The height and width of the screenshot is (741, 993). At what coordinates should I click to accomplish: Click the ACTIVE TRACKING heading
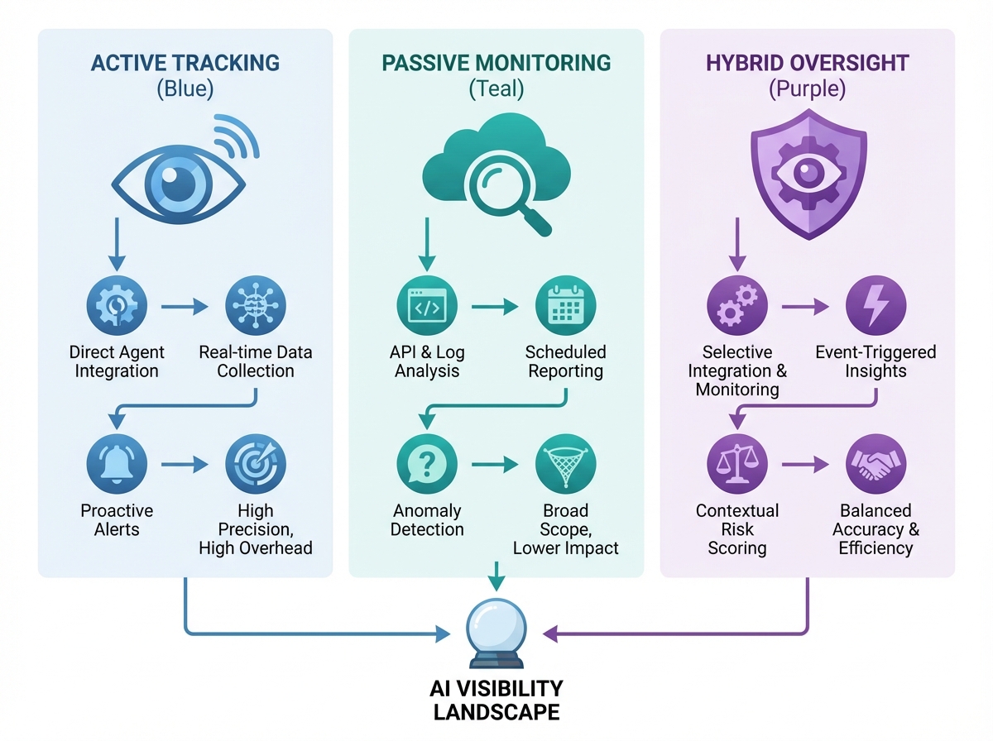(x=185, y=62)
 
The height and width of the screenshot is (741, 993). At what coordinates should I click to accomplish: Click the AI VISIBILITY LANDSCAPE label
(x=496, y=700)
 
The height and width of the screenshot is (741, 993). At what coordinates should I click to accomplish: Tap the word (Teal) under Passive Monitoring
(x=496, y=89)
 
